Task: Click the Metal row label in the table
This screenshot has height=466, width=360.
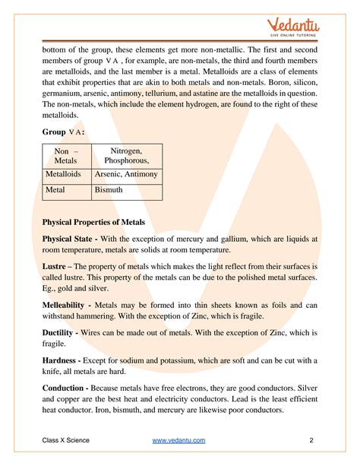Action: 55,191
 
